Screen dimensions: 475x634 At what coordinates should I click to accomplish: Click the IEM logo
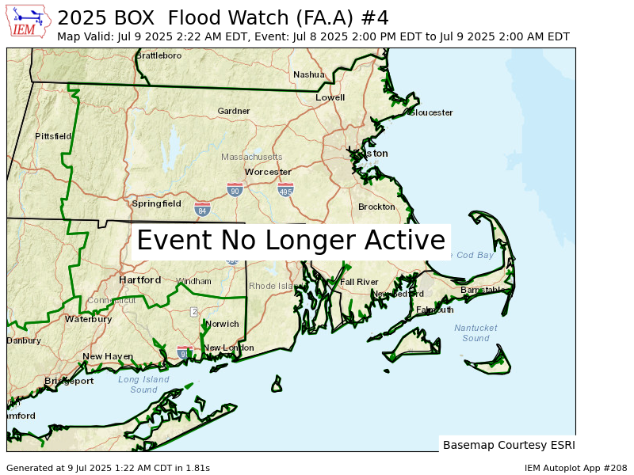[29, 21]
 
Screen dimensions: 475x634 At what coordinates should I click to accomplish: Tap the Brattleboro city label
[158, 55]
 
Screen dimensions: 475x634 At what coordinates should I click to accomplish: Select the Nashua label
[308, 74]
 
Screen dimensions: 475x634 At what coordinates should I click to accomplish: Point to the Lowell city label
[330, 97]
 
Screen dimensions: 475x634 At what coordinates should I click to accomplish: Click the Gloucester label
[432, 112]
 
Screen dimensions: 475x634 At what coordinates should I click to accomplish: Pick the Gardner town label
[234, 111]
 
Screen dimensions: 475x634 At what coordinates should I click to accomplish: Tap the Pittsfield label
[53, 136]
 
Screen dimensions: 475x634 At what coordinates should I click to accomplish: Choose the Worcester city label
[268, 172]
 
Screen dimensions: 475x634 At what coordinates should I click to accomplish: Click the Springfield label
[156, 203]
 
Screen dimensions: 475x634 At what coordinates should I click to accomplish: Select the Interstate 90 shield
[235, 190]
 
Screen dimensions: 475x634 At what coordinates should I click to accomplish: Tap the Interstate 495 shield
[286, 191]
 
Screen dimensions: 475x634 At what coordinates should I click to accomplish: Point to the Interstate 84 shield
[203, 210]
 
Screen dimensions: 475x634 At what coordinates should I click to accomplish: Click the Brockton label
[376, 207]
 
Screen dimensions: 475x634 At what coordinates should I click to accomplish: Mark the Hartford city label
[140, 280]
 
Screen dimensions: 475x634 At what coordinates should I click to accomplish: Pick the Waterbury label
[88, 319]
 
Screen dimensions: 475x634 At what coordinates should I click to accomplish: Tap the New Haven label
[108, 357]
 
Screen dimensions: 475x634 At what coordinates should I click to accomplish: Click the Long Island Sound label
[143, 384]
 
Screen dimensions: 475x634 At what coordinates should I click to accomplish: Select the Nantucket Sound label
[475, 332]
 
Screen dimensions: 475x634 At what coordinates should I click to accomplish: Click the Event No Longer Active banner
[291, 241]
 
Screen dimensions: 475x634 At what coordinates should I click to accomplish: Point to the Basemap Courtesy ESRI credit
[509, 445]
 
